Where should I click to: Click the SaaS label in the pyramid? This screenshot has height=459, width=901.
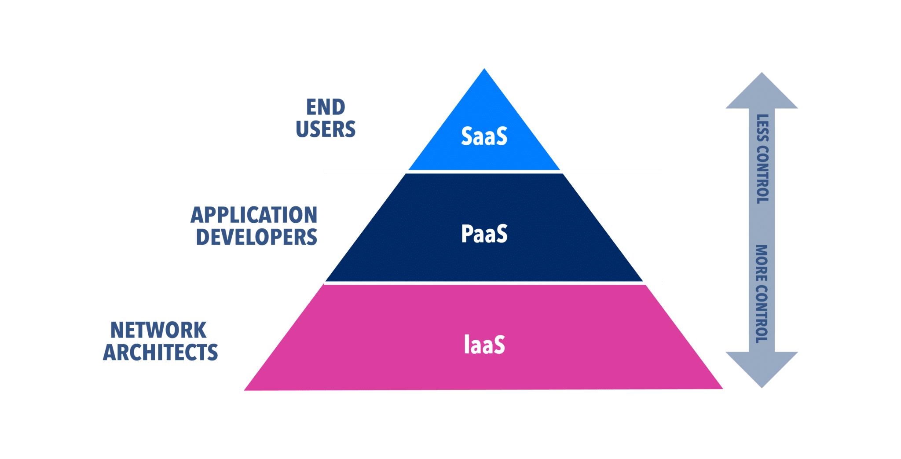[484, 136]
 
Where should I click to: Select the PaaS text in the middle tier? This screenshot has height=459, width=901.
[484, 234]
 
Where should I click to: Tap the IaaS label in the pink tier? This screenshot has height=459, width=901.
[484, 345]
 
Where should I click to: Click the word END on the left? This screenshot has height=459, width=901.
[326, 107]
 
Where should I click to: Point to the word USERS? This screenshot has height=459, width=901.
[326, 129]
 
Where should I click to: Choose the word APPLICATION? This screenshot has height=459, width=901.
[254, 215]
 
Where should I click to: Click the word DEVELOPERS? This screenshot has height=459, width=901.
[256, 237]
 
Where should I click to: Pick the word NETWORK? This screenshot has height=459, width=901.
[158, 330]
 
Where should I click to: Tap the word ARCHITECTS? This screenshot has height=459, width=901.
[161, 353]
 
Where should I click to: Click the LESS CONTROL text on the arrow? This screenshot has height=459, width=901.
[762, 159]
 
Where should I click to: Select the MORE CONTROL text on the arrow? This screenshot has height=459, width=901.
[762, 294]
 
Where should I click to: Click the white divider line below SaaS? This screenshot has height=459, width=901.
[484, 172]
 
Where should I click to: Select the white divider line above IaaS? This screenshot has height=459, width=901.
[484, 283]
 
